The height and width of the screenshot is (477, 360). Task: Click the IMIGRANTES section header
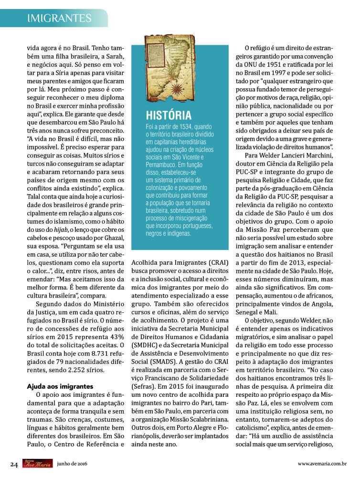click(x=59, y=18)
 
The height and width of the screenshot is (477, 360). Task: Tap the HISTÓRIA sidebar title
click(x=169, y=115)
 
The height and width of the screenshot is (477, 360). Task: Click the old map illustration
click(x=171, y=67)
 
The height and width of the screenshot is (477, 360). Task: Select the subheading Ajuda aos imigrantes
click(x=59, y=386)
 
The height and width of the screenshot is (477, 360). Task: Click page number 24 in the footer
click(x=14, y=464)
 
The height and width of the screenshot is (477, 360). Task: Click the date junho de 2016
click(x=72, y=464)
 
